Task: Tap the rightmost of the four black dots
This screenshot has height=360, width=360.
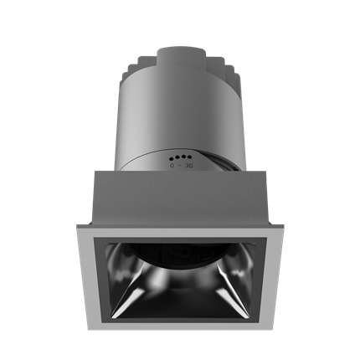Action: pos(189,157)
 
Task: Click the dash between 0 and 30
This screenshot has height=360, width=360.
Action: pos(180,165)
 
